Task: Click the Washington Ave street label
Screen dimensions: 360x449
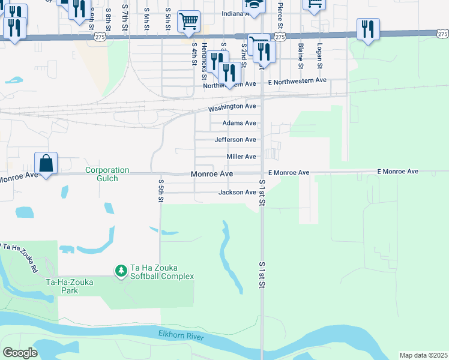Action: pos(232,107)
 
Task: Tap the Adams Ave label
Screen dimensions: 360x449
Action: pos(239,123)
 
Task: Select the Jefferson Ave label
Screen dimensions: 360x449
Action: pos(235,140)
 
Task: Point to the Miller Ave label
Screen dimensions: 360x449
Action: pos(241,157)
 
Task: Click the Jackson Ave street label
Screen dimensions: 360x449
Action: pos(237,192)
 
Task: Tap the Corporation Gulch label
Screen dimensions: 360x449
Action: pos(109,174)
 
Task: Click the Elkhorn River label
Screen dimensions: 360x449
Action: pos(181,335)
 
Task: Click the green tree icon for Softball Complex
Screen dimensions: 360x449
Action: pos(121,271)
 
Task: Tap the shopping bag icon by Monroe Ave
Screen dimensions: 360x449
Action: pos(46,163)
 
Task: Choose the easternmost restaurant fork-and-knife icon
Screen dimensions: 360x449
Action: pos(367,29)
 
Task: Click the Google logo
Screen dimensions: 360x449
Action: pos(19,352)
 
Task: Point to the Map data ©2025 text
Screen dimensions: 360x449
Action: pos(423,355)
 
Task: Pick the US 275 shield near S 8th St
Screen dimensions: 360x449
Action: pos(100,37)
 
